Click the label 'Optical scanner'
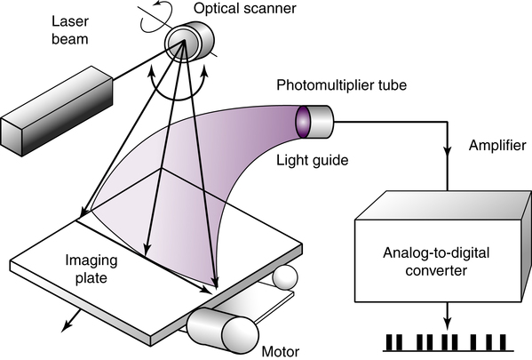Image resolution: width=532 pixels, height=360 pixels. point(244,9)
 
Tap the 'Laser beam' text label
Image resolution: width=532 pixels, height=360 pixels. point(70,30)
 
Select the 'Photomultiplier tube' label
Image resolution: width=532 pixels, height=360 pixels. point(341,85)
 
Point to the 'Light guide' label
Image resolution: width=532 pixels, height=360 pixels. point(312,160)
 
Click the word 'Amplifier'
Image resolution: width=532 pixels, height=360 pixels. point(497,146)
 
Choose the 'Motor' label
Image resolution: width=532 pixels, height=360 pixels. point(281,351)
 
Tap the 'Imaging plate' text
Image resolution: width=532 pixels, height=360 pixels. point(91,269)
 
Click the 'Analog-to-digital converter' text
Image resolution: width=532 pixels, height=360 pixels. point(436,262)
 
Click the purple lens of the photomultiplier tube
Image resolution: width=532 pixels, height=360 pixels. point(302,122)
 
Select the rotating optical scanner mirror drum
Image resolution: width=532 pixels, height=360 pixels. point(189,42)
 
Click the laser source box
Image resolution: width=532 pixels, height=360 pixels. point(57,111)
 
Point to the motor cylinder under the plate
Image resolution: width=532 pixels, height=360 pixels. point(223,330)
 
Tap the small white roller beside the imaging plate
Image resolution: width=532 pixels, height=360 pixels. point(285,276)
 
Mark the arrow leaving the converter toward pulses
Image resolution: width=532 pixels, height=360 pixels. point(448,316)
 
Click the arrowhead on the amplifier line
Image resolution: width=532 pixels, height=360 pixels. point(448,152)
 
